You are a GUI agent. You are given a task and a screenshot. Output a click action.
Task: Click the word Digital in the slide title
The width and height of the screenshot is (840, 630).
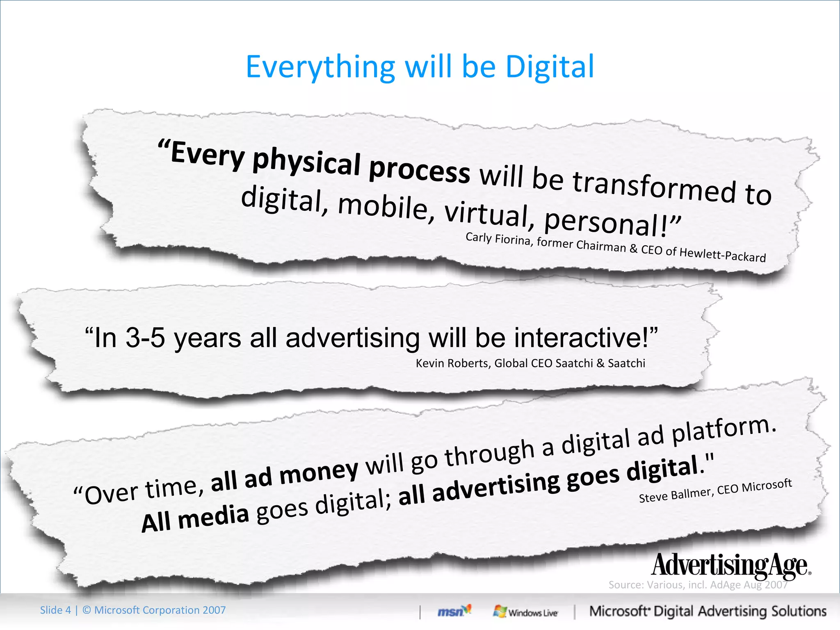coord(550,67)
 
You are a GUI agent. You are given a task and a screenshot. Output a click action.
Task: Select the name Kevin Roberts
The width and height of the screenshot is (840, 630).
coord(453,363)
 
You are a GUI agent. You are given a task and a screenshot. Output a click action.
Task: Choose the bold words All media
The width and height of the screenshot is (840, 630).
coord(195,519)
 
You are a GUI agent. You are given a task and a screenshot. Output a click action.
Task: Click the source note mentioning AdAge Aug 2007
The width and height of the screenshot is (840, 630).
coord(698,585)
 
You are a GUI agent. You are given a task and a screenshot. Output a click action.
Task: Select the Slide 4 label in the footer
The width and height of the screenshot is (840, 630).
coord(55,610)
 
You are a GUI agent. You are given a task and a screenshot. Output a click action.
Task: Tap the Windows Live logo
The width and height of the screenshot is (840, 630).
coord(525,612)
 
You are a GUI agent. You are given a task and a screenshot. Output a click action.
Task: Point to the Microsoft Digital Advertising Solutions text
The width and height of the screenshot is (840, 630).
coord(708,612)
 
